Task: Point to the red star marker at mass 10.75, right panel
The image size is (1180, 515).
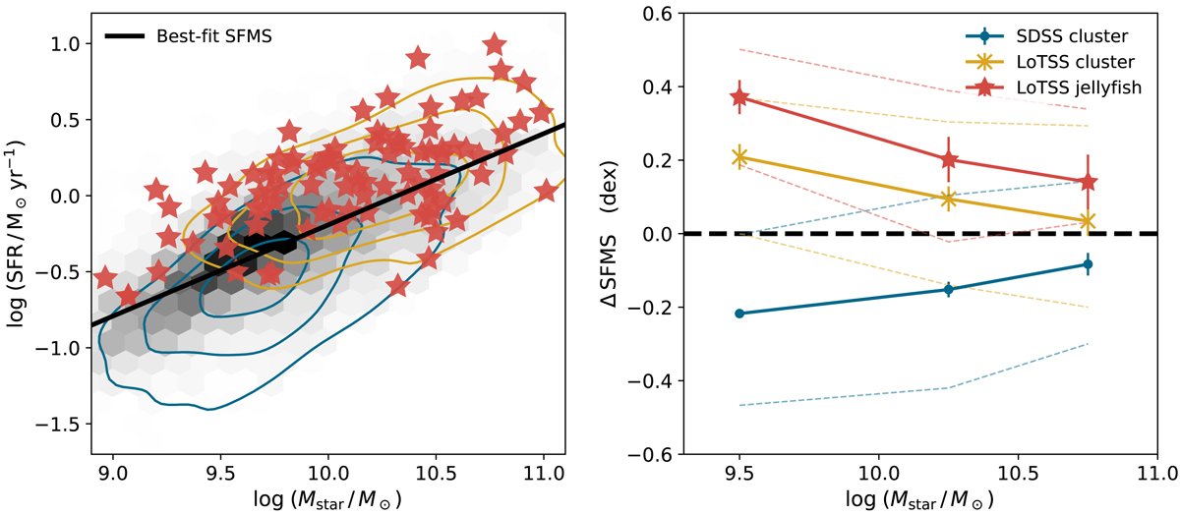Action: coord(1088,182)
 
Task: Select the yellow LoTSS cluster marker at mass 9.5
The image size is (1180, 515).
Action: coord(739,157)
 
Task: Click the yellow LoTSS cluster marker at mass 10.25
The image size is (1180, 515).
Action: coord(948,199)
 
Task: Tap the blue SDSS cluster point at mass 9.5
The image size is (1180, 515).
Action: coord(739,314)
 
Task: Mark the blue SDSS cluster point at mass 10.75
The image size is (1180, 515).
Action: coord(1088,264)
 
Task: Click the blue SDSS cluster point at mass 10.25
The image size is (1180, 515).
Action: coord(948,289)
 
